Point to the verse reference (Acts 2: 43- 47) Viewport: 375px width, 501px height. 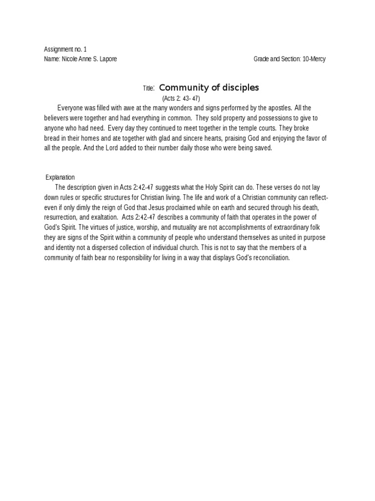[x=181, y=99]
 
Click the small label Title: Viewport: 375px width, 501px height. [x=149, y=89]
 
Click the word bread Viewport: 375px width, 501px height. [x=51, y=138]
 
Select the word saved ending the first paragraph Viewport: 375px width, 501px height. [x=262, y=148]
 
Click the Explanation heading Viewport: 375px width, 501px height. [x=60, y=177]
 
